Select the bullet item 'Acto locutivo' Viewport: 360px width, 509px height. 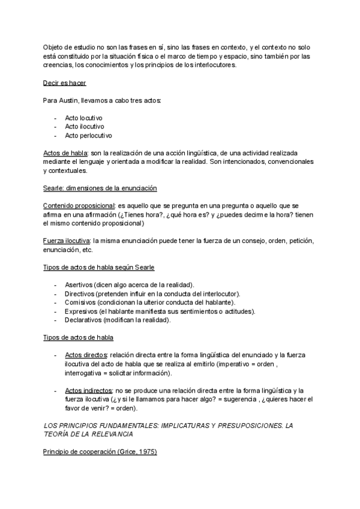pyautogui.click(x=84, y=118)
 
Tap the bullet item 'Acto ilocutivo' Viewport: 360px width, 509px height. pyautogui.click(x=85, y=127)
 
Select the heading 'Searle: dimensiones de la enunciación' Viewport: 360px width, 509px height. pyautogui.click(x=100, y=188)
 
